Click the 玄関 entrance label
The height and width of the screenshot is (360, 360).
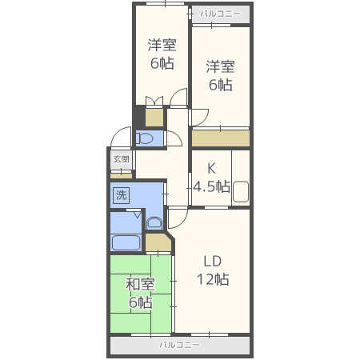[x=122, y=159]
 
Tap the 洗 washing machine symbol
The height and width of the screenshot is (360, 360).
[x=122, y=195]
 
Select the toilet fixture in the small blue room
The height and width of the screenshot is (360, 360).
[x=144, y=138]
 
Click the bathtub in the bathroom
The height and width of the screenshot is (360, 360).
[x=126, y=242]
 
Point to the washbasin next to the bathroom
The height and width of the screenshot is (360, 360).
[x=154, y=223]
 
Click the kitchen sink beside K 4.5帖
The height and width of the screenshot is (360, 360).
[x=241, y=191]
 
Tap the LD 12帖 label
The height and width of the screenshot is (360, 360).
[x=213, y=270]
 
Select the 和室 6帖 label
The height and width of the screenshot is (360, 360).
[x=140, y=294]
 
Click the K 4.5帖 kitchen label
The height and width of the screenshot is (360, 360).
[x=211, y=178]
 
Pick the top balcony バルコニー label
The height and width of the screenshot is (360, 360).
[x=220, y=14]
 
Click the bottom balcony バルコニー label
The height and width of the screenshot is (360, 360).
[x=179, y=345]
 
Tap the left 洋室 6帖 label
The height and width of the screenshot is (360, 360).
[x=162, y=54]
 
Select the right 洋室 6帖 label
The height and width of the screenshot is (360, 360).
[x=220, y=76]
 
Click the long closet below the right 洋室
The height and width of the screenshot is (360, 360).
[x=221, y=138]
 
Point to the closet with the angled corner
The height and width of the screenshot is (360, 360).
[x=158, y=242]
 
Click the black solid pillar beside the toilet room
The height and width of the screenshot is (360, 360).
[x=138, y=117]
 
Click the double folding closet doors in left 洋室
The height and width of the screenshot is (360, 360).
[x=154, y=102]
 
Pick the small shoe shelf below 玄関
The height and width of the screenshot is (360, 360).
[x=122, y=176]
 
